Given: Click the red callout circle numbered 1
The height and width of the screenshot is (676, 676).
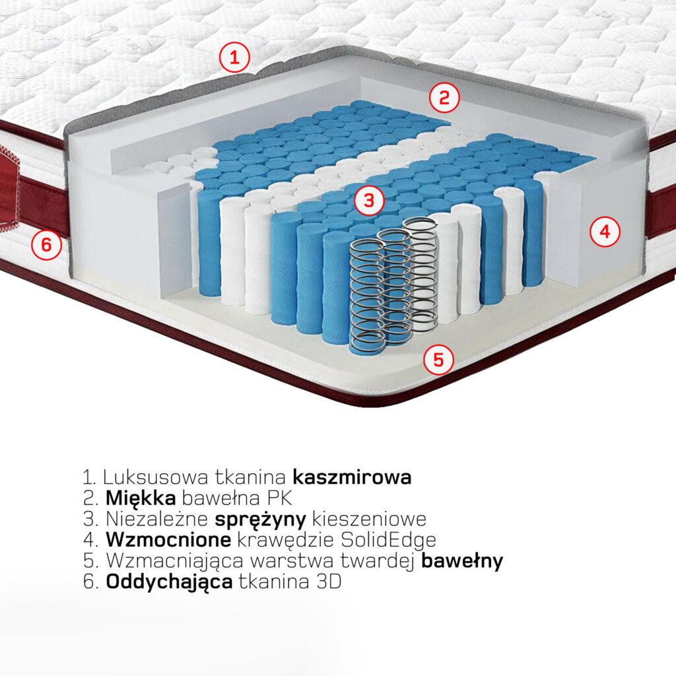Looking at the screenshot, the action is [234, 57].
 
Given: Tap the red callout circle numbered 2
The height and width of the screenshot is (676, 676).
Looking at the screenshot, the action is [444, 98].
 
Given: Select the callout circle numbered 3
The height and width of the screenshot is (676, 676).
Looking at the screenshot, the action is [369, 201].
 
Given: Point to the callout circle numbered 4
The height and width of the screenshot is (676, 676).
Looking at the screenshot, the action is [605, 232].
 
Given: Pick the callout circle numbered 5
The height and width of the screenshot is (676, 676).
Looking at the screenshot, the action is [438, 359].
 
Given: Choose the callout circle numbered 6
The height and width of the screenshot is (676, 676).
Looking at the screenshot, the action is [46, 245].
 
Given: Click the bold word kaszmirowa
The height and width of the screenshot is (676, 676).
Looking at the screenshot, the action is [352, 477].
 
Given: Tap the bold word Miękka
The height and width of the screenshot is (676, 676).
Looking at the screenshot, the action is [141, 498].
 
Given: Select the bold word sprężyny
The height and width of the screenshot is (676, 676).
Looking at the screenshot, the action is [260, 520].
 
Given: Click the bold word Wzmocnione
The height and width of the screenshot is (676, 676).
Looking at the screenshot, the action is [168, 540].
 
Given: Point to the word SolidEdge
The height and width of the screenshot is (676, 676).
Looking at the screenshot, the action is [388, 541].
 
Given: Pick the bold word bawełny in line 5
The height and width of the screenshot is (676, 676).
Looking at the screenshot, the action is [461, 561].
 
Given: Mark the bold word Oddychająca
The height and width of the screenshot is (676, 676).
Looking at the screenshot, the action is [169, 583].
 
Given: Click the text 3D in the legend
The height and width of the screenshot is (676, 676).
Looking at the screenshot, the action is [329, 582].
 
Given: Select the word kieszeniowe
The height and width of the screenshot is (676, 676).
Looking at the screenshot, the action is [369, 519].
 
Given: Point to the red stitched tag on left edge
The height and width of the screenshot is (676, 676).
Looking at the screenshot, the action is [9, 188].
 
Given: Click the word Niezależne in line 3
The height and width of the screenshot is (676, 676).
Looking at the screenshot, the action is [157, 519].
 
